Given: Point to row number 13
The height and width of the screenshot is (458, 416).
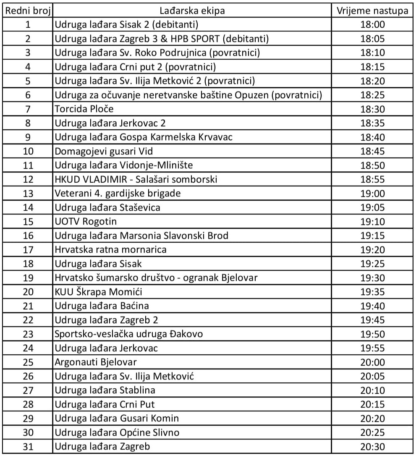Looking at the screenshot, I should click(x=28, y=194).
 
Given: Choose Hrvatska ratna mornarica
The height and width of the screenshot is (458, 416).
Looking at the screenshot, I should click(x=110, y=250).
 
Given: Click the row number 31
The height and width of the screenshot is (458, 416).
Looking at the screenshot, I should click(x=28, y=447).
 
